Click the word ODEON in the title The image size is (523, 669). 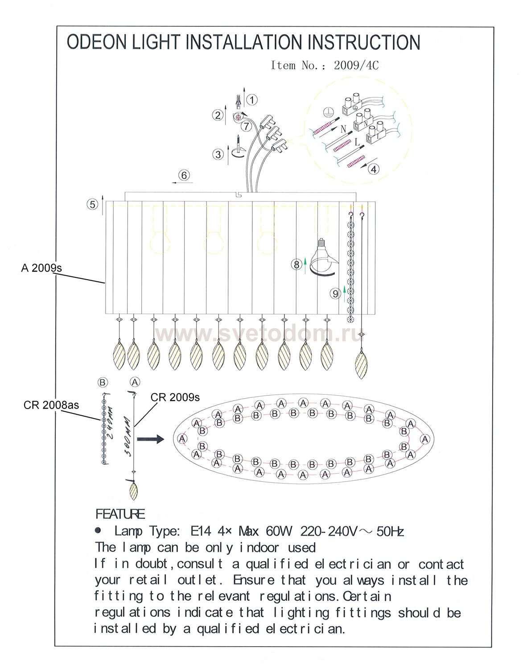[97, 42]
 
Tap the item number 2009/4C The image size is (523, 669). [356, 65]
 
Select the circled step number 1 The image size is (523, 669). [252, 100]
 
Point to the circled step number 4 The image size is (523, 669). [374, 169]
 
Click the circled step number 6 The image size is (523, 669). [184, 175]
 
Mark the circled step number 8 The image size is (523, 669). [296, 264]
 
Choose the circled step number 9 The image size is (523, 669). [336, 293]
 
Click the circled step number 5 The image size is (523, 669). [93, 204]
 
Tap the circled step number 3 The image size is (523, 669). [218, 154]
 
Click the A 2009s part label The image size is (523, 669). [41, 268]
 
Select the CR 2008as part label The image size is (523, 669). [51, 405]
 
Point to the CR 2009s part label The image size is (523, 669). [175, 397]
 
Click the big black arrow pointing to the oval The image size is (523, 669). [150, 439]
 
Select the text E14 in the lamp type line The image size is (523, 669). [201, 531]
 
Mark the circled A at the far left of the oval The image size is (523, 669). [182, 438]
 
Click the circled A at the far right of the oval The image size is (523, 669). [425, 439]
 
